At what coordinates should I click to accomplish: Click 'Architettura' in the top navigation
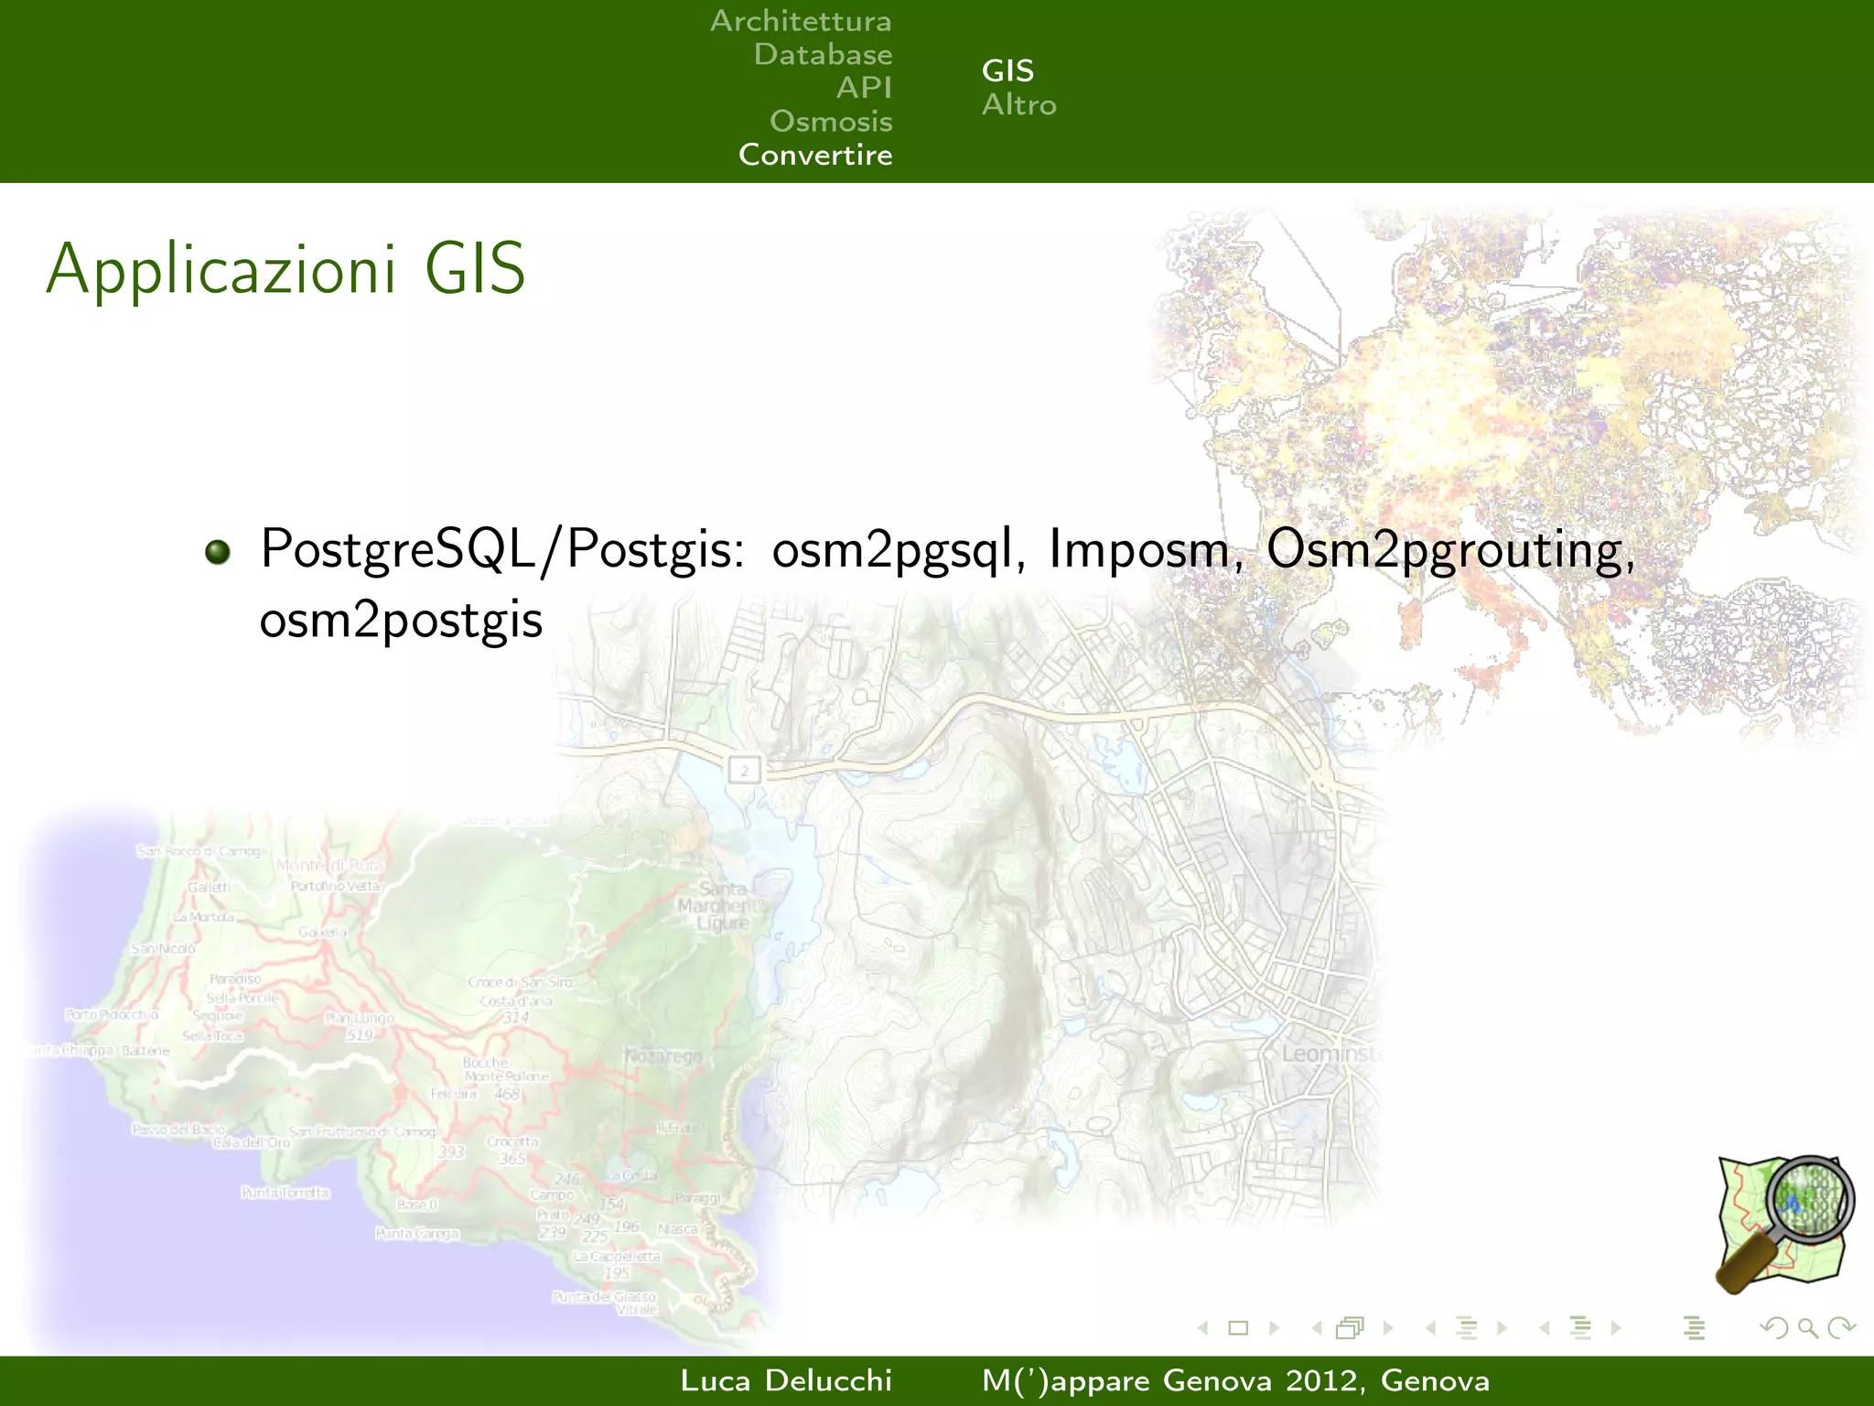tap(801, 21)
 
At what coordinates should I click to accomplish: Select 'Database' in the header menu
tap(823, 55)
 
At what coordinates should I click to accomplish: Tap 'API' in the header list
tap(864, 88)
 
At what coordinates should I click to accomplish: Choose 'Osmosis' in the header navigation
tap(831, 121)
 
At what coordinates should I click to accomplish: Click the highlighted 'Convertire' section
tap(815, 155)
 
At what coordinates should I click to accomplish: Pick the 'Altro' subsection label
tap(1018, 105)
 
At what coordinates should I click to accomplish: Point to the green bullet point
tap(218, 552)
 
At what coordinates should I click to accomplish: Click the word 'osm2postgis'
tap(401, 621)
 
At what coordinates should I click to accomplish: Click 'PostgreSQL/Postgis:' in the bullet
tap(501, 550)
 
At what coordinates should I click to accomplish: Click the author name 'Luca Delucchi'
tap(786, 1380)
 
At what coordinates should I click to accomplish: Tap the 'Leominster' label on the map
tap(1331, 1054)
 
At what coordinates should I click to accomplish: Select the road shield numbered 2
tap(745, 770)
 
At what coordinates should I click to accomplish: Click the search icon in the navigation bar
tap(1807, 1327)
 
